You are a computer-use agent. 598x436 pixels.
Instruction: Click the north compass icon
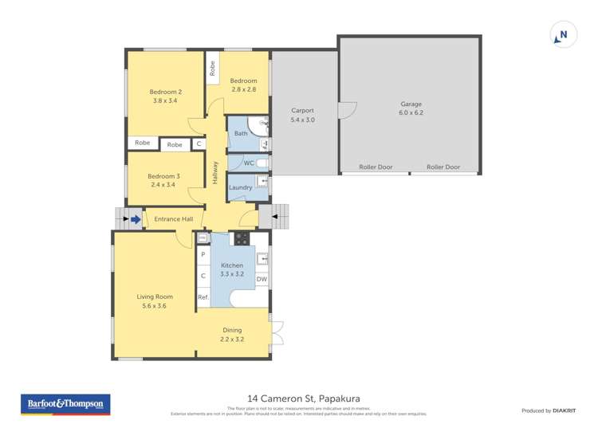tap(563, 35)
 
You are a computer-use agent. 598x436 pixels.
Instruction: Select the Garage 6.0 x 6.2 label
tap(411, 108)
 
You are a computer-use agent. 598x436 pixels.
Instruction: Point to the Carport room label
tap(302, 115)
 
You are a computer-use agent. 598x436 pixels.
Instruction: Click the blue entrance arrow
tap(136, 218)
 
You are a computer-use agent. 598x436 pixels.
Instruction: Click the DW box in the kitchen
tap(262, 279)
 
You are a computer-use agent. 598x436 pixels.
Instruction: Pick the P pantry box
tap(203, 254)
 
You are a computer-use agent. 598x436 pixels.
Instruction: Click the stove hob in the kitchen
tap(241, 238)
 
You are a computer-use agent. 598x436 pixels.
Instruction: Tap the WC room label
tap(248, 163)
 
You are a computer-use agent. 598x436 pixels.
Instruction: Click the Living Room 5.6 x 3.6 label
tap(154, 300)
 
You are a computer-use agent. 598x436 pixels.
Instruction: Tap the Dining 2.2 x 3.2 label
tap(231, 334)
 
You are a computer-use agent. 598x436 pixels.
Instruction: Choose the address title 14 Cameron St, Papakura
tap(298, 399)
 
